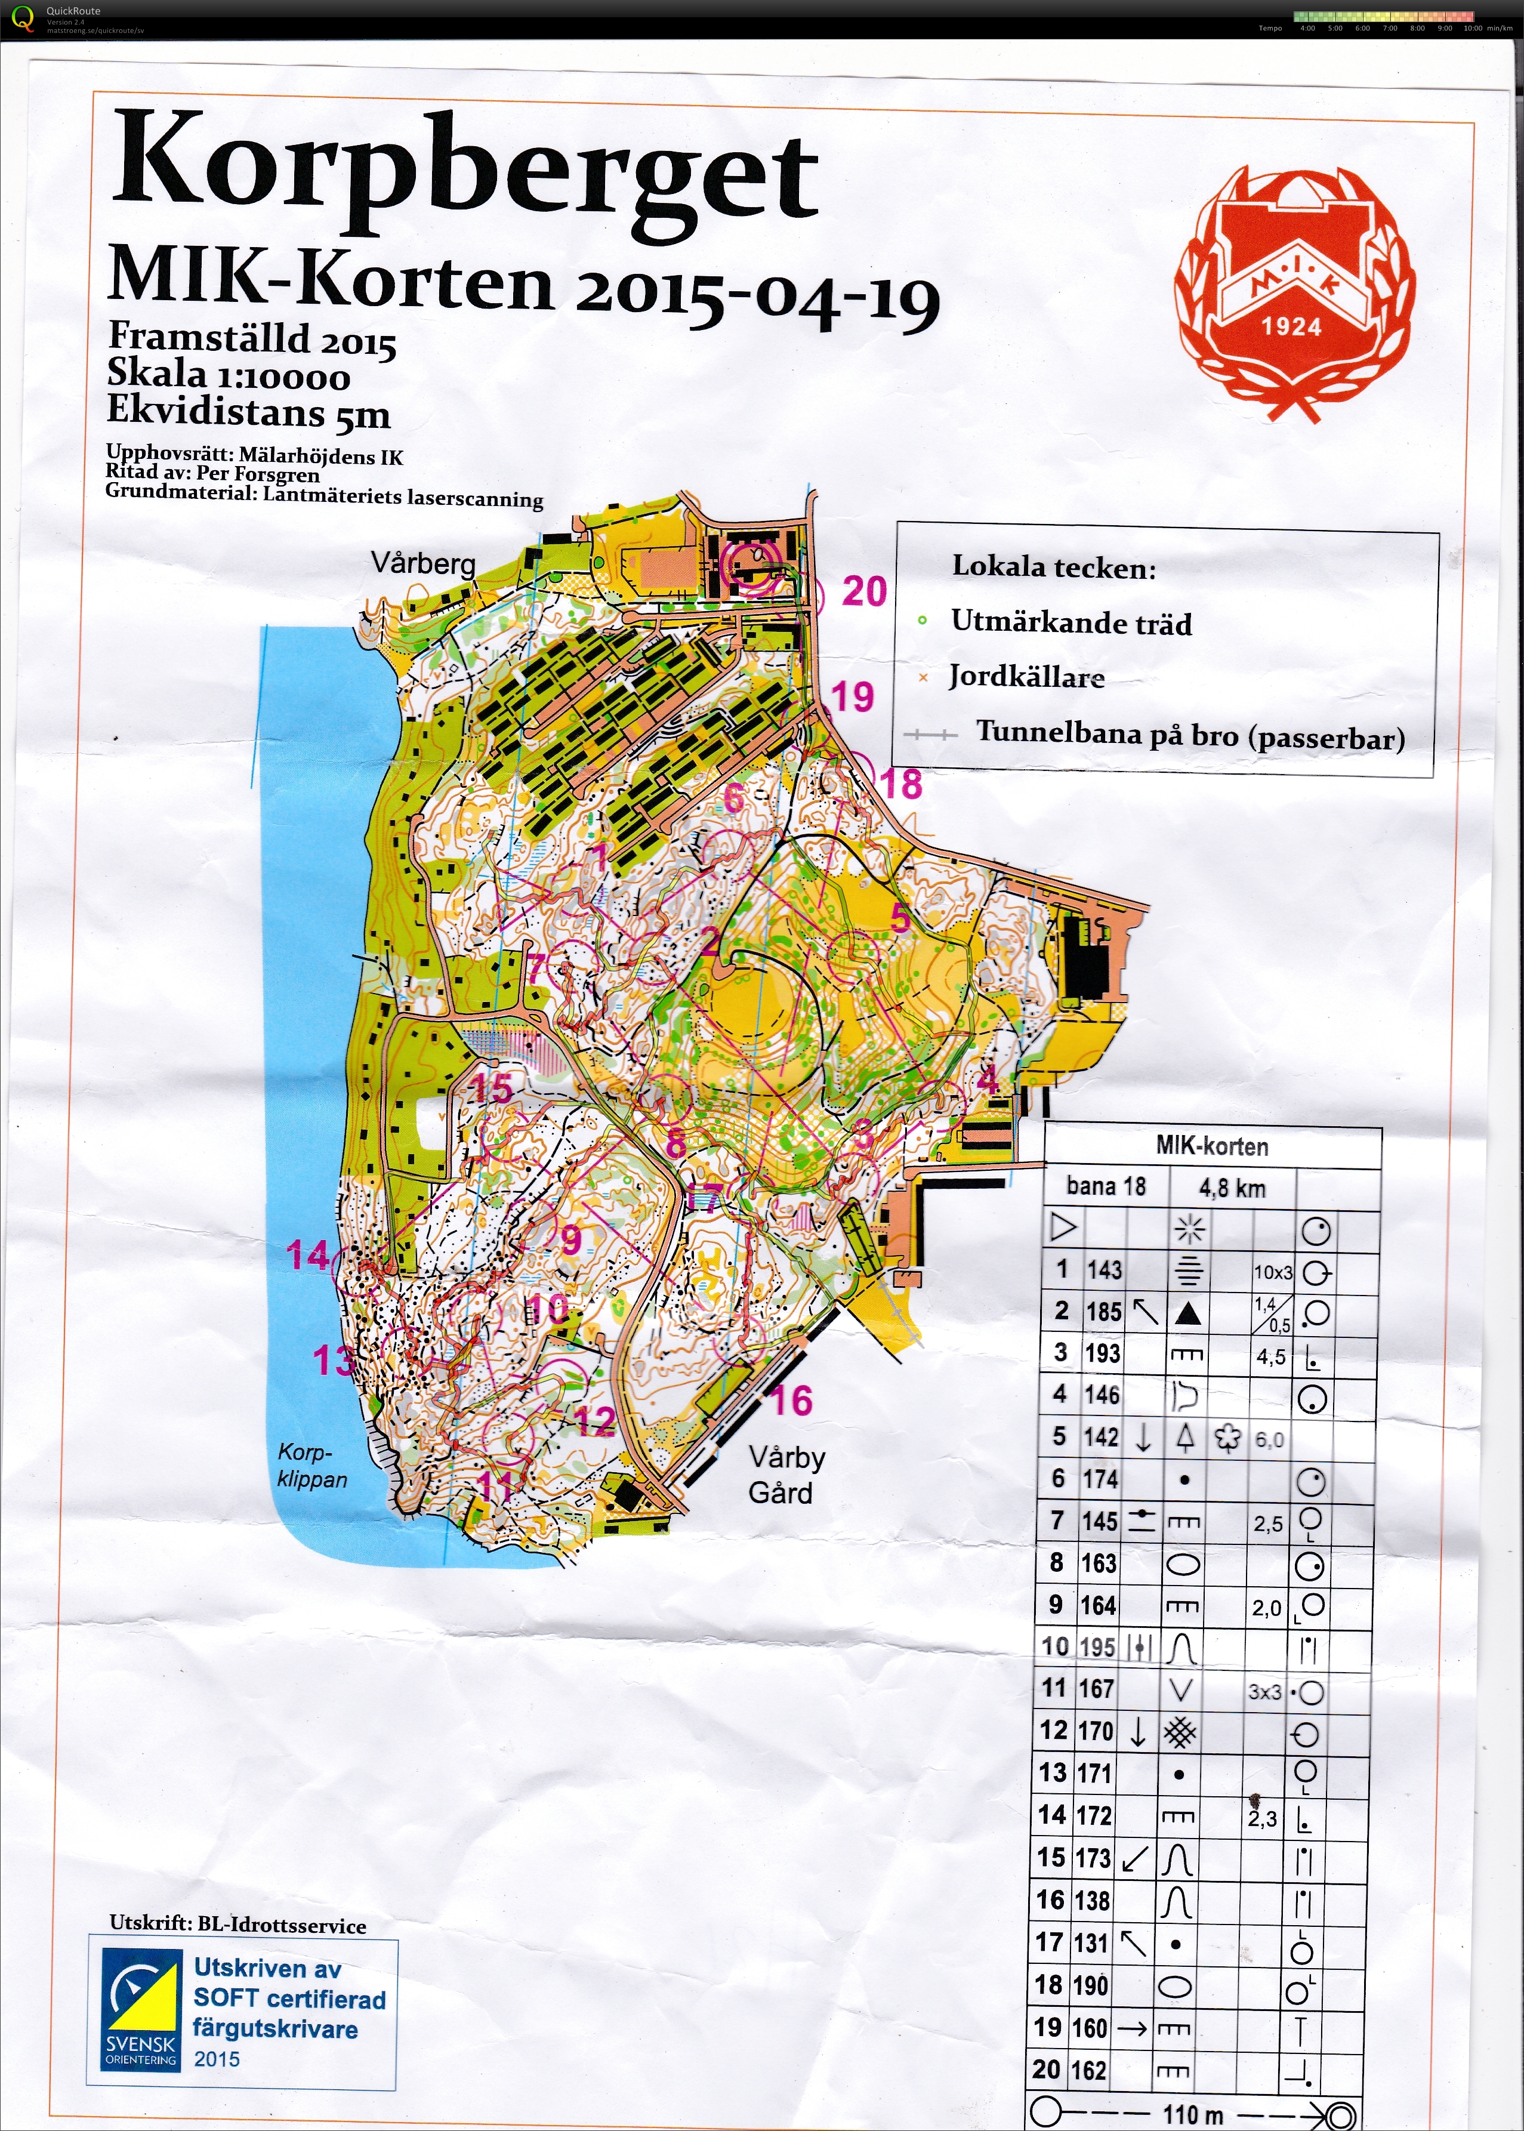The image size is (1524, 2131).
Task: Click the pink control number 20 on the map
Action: [863, 591]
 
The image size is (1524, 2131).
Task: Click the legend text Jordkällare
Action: [1026, 677]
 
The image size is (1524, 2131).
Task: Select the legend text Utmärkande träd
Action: [1070, 622]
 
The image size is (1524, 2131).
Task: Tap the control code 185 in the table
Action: [1103, 1312]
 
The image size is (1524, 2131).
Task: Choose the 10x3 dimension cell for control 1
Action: [1273, 1272]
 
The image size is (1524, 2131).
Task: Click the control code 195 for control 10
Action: [1097, 1647]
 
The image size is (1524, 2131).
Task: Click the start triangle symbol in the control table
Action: [1063, 1228]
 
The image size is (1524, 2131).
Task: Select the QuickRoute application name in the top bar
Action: [73, 11]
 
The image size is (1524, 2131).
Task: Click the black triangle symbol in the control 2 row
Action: [1188, 1313]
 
